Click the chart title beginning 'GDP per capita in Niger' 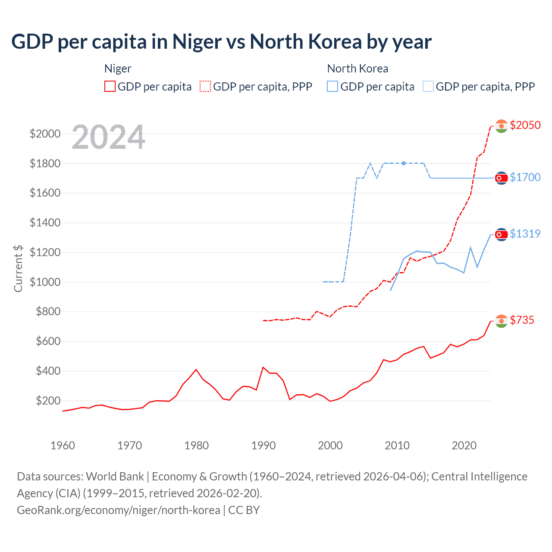click(221, 42)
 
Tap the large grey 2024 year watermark click(108, 137)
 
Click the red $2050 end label click(525, 125)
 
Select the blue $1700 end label click(525, 177)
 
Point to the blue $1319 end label click(525, 234)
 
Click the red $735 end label click(522, 320)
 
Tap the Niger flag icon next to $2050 click(501, 126)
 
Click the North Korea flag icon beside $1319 click(501, 235)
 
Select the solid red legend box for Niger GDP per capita click(110, 87)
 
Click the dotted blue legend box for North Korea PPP click(428, 87)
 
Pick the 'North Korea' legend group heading click(358, 69)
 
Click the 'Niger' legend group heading click(118, 69)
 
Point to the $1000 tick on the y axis click(45, 282)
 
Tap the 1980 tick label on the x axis click(197, 445)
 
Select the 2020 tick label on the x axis click(464, 445)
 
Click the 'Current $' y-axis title click(18, 268)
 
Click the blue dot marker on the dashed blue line click(403, 163)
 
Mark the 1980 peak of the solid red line click(196, 370)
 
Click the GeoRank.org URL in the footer click(119, 510)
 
